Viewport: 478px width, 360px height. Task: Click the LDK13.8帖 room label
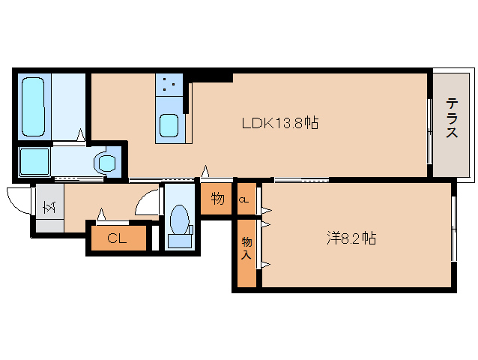280,123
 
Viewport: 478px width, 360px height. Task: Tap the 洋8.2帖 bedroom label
351,238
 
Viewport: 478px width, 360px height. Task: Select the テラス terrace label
452,118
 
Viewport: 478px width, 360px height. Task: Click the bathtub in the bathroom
33,106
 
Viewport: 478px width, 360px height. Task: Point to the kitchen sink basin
169,125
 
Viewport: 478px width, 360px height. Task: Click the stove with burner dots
169,85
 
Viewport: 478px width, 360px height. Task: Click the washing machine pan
34,161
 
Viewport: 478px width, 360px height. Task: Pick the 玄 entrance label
49,207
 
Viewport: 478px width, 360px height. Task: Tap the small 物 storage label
218,199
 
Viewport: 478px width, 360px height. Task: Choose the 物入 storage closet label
246,248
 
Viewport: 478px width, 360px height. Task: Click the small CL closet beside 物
243,200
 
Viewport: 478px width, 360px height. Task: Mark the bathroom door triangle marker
81,134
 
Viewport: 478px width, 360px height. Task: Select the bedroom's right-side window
454,229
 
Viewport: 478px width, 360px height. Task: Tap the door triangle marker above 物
205,171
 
